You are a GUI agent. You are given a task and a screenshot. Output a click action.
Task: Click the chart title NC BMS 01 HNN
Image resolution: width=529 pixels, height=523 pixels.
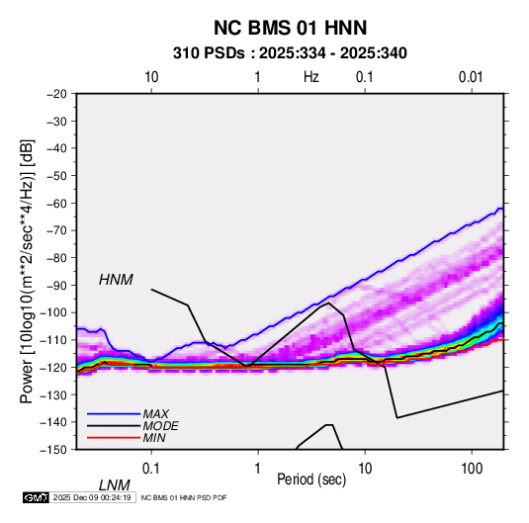point(290,28)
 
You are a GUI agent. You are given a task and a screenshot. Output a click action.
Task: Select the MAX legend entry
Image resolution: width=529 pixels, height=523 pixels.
point(155,413)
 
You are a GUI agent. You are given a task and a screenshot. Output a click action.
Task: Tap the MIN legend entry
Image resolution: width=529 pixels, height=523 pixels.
point(154,438)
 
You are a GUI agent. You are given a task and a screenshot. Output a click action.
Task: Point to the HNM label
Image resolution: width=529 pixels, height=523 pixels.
point(116,280)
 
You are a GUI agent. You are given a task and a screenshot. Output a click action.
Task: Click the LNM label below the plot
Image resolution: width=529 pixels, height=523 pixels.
point(115,485)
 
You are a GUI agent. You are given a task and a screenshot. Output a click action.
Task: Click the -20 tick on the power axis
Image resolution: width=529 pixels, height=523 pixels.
point(57,94)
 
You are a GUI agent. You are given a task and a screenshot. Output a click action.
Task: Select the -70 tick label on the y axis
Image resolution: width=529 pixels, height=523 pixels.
point(57,230)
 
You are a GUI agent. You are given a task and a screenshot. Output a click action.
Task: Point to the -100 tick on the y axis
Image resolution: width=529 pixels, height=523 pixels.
point(54,312)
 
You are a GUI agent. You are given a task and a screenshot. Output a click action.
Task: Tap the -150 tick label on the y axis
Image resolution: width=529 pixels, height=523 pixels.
point(54,450)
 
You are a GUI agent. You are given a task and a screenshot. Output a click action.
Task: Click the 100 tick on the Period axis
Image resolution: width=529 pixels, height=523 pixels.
point(472,469)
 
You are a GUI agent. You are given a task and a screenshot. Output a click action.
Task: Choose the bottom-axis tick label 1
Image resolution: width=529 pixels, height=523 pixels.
point(258,469)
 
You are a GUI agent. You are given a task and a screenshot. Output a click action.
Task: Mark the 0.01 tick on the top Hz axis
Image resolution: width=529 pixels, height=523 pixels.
point(471,77)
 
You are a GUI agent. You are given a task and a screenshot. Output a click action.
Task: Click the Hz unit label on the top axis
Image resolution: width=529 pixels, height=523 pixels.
point(311,77)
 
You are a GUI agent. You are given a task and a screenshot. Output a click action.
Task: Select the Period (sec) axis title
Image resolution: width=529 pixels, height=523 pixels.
point(311,479)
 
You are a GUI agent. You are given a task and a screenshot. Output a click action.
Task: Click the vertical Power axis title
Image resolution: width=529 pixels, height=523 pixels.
point(27,271)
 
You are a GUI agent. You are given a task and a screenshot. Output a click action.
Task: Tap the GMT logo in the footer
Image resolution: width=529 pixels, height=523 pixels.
point(36,497)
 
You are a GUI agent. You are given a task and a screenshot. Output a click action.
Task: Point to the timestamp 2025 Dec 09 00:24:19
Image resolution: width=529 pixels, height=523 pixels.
point(92,497)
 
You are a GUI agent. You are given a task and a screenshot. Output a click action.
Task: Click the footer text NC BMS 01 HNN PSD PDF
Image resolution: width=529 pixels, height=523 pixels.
point(184,497)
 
